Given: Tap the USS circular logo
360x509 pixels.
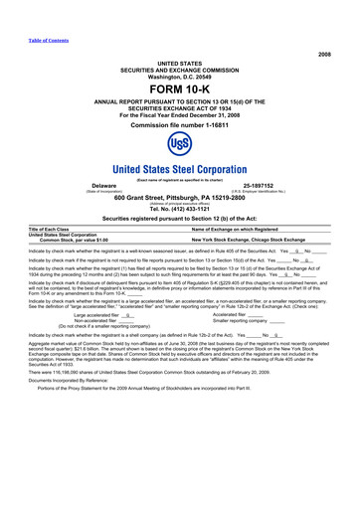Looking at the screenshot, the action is [x=179, y=145].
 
